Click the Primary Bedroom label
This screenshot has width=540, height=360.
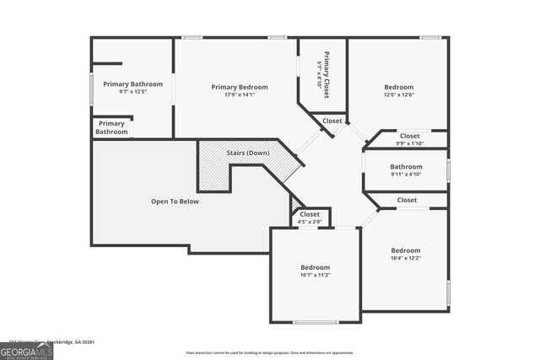(240, 87)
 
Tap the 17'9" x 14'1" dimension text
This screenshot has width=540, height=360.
(240, 95)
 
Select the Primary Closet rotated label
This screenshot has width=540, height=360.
(322, 76)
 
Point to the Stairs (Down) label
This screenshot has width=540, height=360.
(248, 153)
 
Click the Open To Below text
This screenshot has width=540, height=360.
(175, 201)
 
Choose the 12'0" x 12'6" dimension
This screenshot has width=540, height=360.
(399, 95)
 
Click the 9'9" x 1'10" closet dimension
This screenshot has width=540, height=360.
(409, 143)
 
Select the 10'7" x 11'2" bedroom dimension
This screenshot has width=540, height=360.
(316, 275)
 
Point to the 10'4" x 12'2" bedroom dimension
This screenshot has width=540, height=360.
(406, 259)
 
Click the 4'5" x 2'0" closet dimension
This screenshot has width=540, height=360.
(310, 223)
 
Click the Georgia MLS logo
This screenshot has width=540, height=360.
(26, 349)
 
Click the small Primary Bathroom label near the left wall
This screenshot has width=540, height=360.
(111, 127)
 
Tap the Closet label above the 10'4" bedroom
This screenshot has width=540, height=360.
(407, 201)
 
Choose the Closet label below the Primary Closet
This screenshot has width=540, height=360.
(332, 121)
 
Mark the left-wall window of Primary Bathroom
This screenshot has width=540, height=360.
(92, 89)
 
